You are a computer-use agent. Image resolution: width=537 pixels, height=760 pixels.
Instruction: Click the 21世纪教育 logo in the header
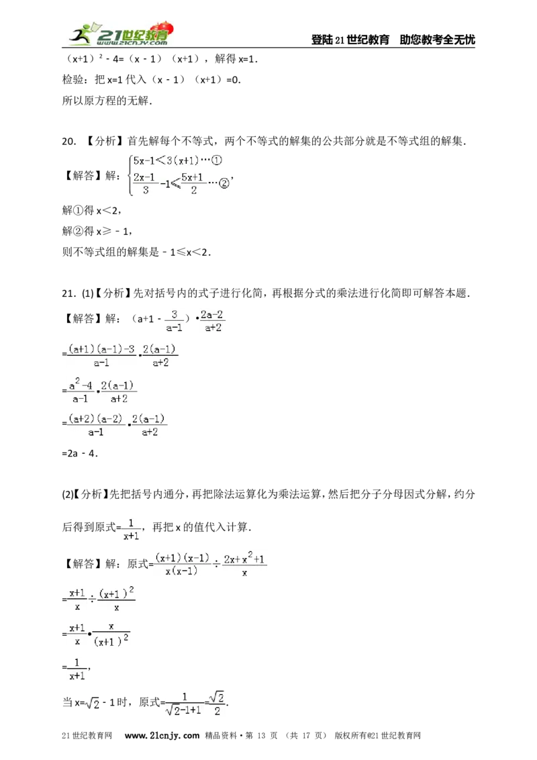click(121, 34)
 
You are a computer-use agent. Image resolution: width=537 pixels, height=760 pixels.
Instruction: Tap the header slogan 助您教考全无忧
click(437, 40)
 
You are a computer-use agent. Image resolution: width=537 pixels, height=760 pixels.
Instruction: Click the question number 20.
click(69, 142)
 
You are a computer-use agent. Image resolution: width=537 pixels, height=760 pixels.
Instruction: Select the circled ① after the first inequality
click(217, 160)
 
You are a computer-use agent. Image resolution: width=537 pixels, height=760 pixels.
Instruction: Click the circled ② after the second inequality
click(224, 183)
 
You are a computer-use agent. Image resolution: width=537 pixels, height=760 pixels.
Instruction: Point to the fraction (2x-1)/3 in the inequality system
click(144, 184)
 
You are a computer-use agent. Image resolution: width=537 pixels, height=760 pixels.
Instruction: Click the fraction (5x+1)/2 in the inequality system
click(193, 184)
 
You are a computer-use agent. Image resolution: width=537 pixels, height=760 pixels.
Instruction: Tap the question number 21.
click(69, 293)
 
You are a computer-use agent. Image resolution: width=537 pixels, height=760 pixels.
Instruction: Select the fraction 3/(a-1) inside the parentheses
click(174, 321)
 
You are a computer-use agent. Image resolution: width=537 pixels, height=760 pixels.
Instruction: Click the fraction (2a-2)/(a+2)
click(213, 321)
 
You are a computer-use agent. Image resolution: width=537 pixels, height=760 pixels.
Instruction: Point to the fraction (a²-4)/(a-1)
click(81, 391)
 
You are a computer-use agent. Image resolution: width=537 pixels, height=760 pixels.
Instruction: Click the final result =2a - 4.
click(80, 454)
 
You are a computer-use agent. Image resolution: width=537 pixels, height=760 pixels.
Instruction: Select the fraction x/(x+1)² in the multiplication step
click(111, 635)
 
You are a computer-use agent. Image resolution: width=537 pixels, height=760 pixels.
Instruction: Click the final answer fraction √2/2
click(217, 704)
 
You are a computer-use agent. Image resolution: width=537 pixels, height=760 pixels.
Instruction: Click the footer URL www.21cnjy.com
click(162, 736)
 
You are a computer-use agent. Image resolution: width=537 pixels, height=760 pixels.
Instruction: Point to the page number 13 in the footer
click(261, 736)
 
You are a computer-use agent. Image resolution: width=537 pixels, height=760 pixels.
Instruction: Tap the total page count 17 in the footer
click(306, 736)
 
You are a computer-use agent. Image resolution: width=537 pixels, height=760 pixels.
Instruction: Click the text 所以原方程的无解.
click(107, 101)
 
